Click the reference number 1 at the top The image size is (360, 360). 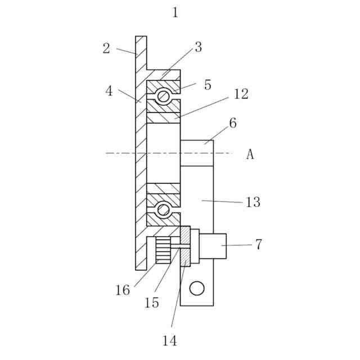pyautogui.click(x=175, y=12)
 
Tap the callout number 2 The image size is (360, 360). pyautogui.click(x=106, y=48)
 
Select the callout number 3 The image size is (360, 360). pyautogui.click(x=198, y=47)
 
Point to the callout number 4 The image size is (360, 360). pyautogui.click(x=109, y=91)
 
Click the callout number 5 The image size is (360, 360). pyautogui.click(x=208, y=85)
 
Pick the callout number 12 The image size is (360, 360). pyautogui.click(x=241, y=94)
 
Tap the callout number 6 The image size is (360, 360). pyautogui.click(x=233, y=123)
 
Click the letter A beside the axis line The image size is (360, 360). pyautogui.click(x=250, y=154)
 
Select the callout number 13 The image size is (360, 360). pyautogui.click(x=253, y=202)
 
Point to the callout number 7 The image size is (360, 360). pyautogui.click(x=258, y=244)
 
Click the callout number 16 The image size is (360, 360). pyautogui.click(x=123, y=290)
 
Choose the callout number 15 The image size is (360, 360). pyautogui.click(x=151, y=303)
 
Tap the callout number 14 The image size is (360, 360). pyautogui.click(x=169, y=340)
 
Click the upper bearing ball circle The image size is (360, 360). pyautogui.click(x=163, y=96)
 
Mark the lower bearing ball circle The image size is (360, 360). pyautogui.click(x=163, y=210)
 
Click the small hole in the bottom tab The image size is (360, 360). pyautogui.click(x=196, y=289)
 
